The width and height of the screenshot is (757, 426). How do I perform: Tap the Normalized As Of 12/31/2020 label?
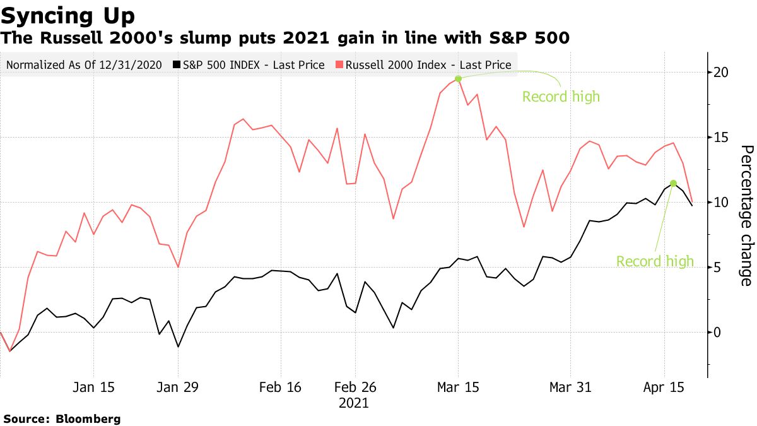[x=84, y=64]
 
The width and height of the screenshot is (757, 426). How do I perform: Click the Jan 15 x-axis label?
[x=93, y=387]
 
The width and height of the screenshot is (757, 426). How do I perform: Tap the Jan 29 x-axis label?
[x=178, y=387]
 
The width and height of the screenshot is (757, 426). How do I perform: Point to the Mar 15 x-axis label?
[x=459, y=387]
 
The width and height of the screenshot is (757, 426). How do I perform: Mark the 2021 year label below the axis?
[x=354, y=403]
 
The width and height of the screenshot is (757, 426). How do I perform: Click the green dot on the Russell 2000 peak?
[x=459, y=78]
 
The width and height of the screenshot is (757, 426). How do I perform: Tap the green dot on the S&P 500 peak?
[x=673, y=183]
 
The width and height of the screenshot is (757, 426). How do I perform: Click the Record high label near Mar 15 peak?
[x=561, y=97]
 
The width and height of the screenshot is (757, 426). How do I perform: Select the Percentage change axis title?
[x=746, y=215]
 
